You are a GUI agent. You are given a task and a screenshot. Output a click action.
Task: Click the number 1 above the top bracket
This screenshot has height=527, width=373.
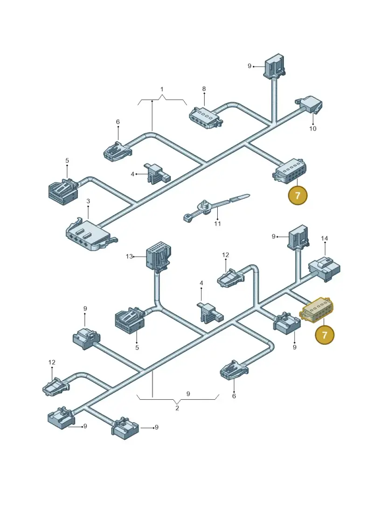click(162, 89)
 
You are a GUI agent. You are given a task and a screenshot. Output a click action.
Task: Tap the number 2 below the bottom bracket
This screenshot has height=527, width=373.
click(177, 408)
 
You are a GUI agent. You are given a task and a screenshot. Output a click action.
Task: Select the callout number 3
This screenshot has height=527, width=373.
click(88, 201)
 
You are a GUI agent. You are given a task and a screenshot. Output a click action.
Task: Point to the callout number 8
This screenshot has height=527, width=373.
click(204, 89)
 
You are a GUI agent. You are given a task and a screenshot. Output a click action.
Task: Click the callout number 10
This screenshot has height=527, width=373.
click(313, 129)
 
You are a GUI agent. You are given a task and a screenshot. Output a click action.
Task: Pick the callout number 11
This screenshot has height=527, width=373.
click(217, 224)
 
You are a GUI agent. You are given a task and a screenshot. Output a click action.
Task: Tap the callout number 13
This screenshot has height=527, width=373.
click(129, 256)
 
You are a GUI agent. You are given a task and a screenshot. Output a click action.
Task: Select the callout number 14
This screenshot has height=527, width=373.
click(324, 238)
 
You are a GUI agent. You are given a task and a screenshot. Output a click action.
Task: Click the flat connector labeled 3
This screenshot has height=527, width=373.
click(90, 234)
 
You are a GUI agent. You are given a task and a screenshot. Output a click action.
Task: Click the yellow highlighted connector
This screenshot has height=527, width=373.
click(316, 308)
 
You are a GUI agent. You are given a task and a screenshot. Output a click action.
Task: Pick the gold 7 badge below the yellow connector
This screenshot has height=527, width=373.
click(325, 335)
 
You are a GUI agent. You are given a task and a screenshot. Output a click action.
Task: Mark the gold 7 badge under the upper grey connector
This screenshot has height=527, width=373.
click(297, 195)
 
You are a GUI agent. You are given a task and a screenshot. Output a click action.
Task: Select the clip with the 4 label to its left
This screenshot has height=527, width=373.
click(158, 173)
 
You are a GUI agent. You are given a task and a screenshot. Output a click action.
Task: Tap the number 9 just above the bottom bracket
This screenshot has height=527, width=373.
click(188, 394)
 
